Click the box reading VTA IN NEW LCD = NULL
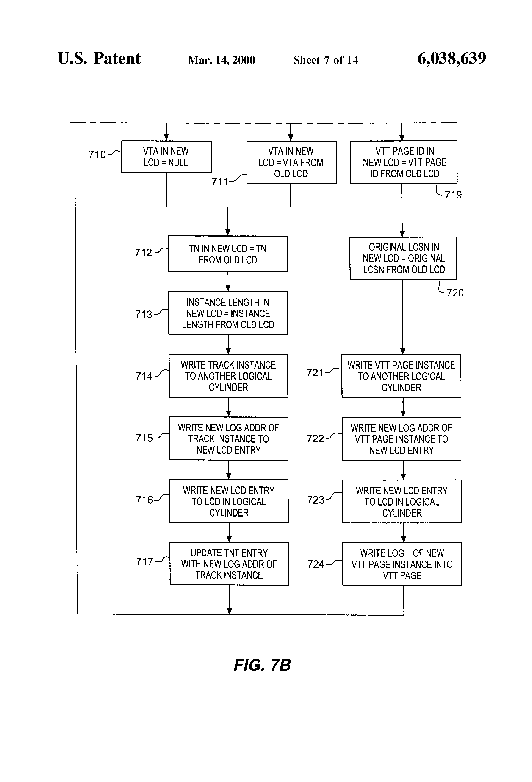(166, 157)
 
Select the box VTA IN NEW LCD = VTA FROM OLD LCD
(291, 162)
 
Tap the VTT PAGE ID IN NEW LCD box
(404, 162)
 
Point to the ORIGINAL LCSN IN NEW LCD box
(403, 258)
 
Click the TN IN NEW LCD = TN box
(228, 254)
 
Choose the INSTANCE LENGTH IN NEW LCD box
(228, 313)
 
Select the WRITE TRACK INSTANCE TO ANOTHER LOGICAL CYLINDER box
(228, 376)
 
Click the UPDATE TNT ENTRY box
(229, 564)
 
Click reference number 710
(97, 154)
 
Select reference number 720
(455, 293)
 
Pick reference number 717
(145, 561)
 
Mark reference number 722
(315, 439)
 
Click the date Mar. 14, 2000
(221, 60)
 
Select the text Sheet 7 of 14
(326, 60)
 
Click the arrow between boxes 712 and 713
(228, 282)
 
